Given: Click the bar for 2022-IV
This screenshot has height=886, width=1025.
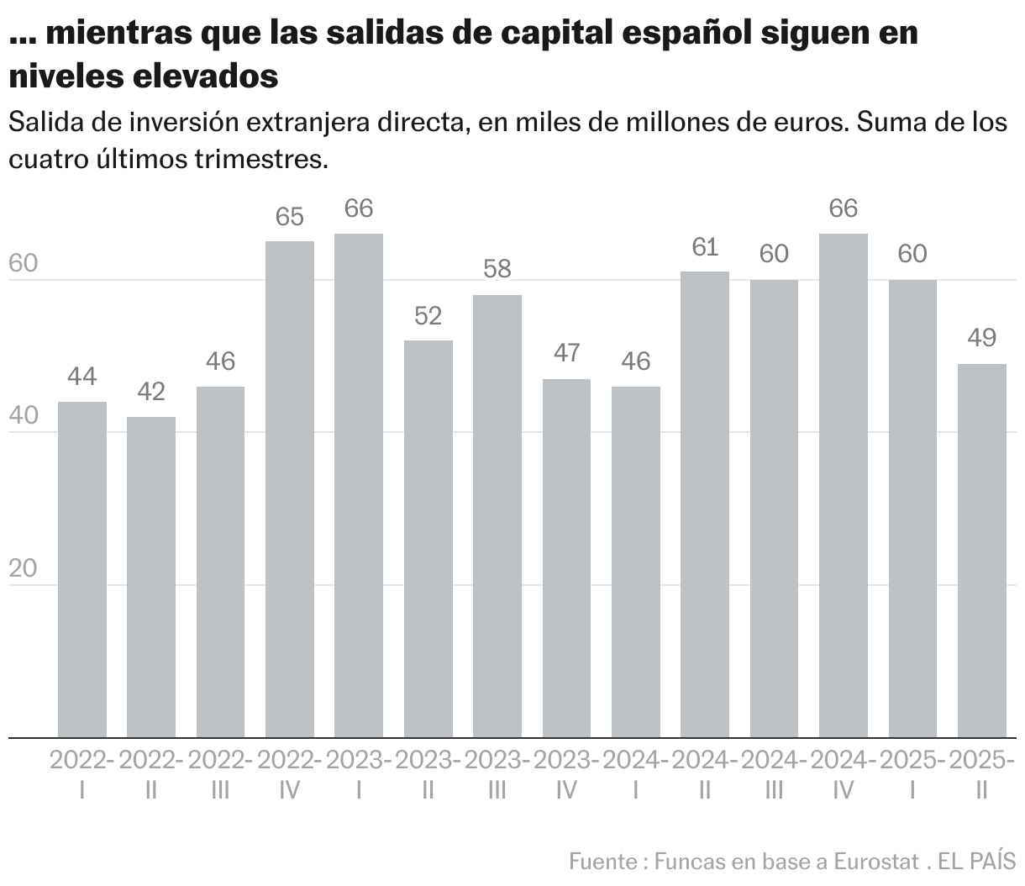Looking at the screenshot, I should (290, 489).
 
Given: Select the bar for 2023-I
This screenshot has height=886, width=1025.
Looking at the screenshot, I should (359, 486).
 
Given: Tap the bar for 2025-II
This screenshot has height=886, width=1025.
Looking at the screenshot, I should (982, 551).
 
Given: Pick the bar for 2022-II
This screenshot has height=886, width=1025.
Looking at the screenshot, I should (151, 577).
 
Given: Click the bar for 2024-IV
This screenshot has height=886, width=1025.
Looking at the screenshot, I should (844, 486).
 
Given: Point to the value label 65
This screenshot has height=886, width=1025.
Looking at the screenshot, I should (290, 217).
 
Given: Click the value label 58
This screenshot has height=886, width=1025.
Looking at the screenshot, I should (497, 270).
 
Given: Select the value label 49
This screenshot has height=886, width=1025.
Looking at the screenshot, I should (982, 339).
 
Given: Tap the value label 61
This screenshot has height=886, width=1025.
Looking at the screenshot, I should (705, 247).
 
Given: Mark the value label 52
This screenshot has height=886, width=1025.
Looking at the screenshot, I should (428, 316).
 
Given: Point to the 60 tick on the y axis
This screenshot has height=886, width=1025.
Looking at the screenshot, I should (23, 263).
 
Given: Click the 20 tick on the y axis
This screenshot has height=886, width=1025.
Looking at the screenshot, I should (23, 568).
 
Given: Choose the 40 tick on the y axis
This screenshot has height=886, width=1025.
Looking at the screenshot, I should (23, 416).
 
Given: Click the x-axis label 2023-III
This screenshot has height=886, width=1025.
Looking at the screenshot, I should (497, 774).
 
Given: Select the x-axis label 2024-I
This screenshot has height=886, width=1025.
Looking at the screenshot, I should (636, 774).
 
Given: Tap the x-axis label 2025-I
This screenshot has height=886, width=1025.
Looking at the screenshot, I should (912, 774).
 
